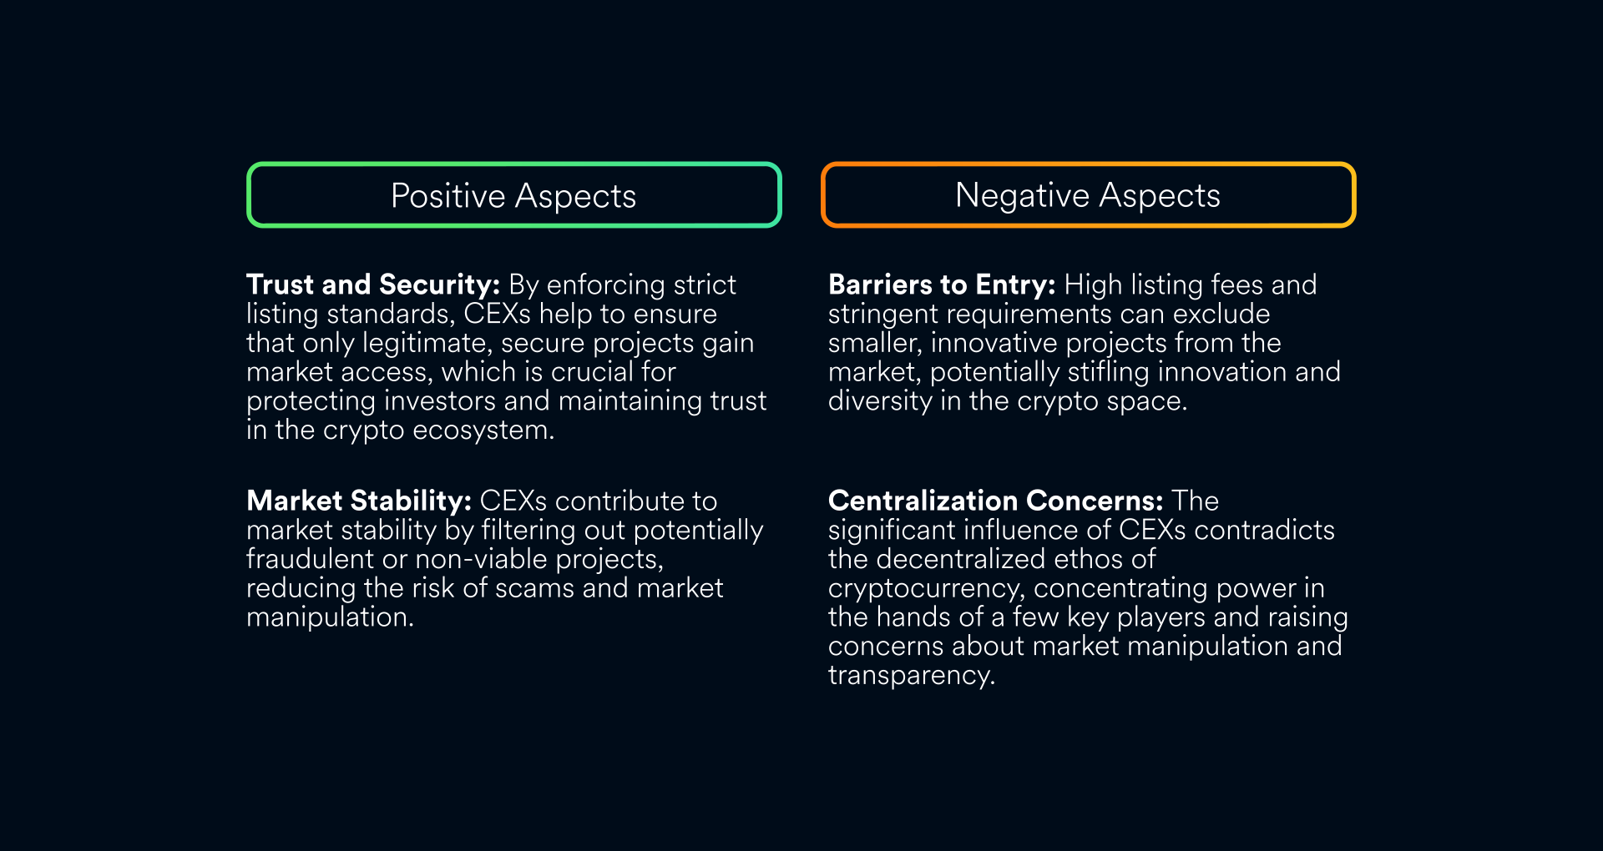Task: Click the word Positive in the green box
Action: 448,196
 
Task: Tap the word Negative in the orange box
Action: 1022,196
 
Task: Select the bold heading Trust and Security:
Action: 373,285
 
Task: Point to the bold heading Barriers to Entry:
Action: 942,285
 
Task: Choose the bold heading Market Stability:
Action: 359,501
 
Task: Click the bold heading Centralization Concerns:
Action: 995,501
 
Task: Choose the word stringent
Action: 882,315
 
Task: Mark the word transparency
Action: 912,676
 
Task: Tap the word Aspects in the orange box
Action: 1160,197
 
